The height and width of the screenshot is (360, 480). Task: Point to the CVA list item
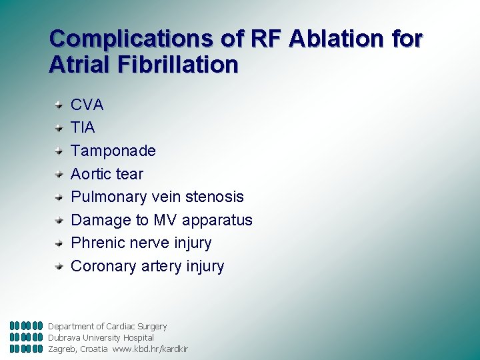tap(87, 105)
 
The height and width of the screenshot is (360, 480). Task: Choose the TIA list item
tap(83, 127)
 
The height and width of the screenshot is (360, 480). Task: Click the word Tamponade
tap(113, 151)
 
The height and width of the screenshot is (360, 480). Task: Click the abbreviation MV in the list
tap(165, 220)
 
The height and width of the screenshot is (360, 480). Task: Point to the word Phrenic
tap(97, 243)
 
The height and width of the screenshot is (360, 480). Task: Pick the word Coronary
tap(103, 266)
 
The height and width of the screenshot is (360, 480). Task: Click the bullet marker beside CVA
tap(59, 105)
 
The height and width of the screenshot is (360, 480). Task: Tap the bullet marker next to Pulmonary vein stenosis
tap(59, 197)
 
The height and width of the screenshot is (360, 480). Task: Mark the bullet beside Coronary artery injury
tap(59, 266)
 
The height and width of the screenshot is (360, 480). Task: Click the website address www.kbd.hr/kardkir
tap(150, 349)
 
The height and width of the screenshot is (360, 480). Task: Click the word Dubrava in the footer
tap(64, 338)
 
